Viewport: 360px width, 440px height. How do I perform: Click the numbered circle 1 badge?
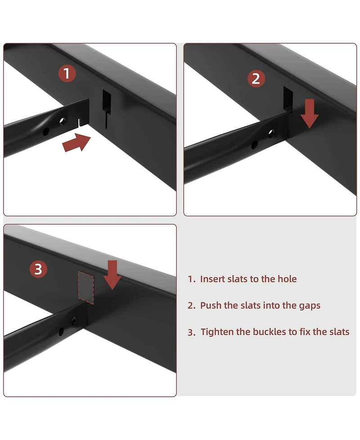67,73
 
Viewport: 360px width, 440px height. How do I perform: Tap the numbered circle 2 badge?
256,78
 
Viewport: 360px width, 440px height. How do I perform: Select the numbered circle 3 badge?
38,269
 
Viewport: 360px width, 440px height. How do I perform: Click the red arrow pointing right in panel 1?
76,143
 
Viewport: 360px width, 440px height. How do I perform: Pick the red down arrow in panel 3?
112,275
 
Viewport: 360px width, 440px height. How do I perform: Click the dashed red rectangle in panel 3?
86,287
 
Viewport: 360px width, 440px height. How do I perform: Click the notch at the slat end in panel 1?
80,122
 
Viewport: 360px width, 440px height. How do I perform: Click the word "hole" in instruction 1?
287,279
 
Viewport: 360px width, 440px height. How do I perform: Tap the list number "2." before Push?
192,306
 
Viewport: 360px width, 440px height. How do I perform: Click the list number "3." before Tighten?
192,332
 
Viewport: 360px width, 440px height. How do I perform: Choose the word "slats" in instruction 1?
237,279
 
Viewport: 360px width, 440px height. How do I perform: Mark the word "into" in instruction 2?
271,305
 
